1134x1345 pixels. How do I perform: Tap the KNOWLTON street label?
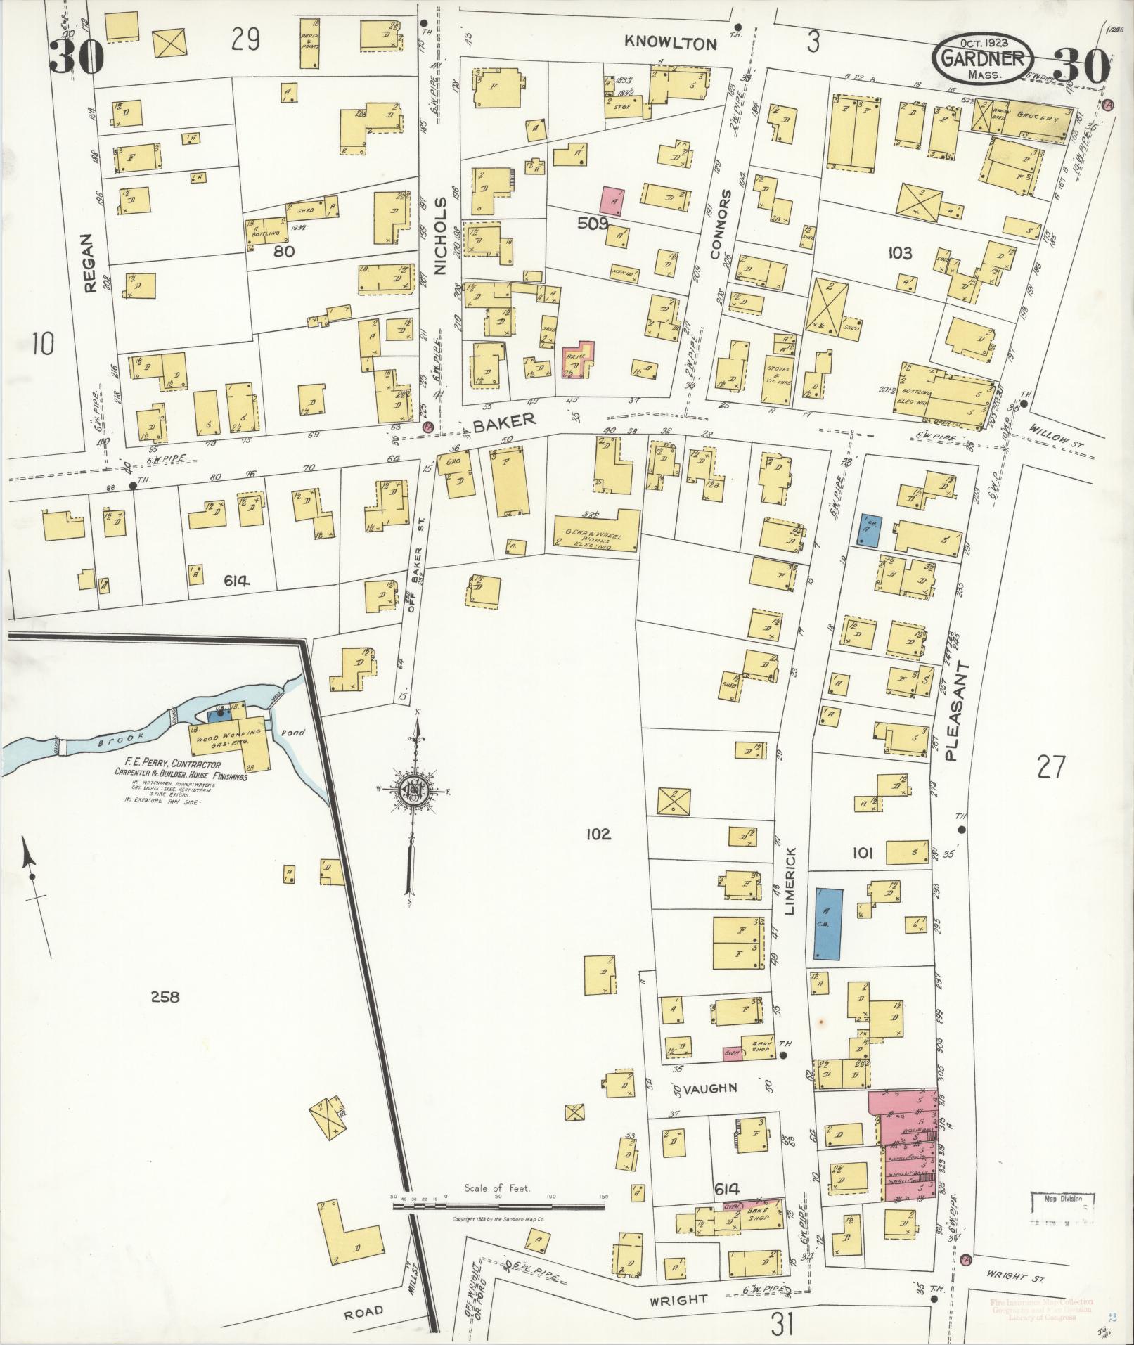[671, 44]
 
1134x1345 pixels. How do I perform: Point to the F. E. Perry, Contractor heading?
[172, 765]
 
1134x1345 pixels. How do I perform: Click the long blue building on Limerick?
[828, 923]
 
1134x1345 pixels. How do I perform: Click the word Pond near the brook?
[293, 733]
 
